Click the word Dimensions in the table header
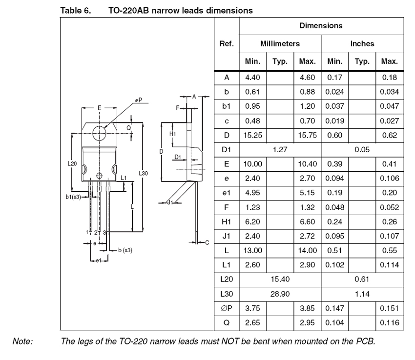coord(321,25)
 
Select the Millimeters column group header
coord(280,44)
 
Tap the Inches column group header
coord(362,44)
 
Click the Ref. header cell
coord(227,44)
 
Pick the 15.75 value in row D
coord(308,135)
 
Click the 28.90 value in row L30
coord(280,294)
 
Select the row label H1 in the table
coord(227,222)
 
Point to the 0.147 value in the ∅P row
coord(335,309)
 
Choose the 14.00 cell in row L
coord(308,251)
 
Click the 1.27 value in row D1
coord(280,150)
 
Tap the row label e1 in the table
coord(227,193)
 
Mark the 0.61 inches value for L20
coord(362,280)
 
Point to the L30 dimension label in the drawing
coord(143,173)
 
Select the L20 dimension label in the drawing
coord(72,163)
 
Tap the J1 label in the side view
coord(169,202)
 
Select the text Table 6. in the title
coord(73,9)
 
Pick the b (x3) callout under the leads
coord(125,250)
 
